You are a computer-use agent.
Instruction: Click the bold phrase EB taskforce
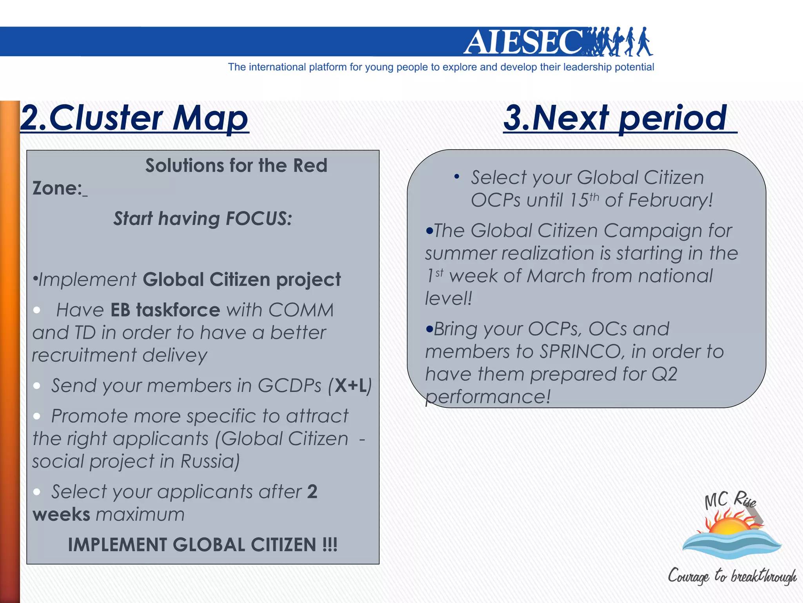(165, 310)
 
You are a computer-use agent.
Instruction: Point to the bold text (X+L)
(350, 386)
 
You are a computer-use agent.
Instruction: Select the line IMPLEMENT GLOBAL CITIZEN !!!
(202, 545)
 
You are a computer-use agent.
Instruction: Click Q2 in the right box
(664, 374)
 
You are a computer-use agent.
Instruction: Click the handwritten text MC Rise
(730, 501)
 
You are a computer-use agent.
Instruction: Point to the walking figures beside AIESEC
(620, 42)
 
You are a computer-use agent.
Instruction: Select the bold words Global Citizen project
(242, 280)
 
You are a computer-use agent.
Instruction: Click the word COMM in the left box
(301, 310)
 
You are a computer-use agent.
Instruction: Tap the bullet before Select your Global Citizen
(456, 177)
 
